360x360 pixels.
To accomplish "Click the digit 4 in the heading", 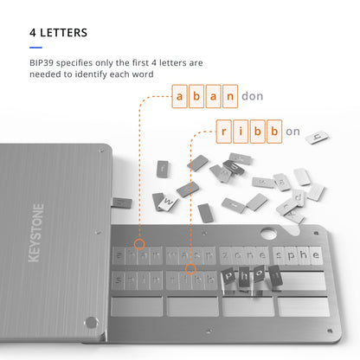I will (x=33, y=33).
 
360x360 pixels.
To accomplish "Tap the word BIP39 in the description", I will (x=44, y=62).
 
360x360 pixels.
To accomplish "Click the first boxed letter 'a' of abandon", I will (x=180, y=95).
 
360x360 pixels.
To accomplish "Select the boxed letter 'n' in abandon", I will (x=229, y=95).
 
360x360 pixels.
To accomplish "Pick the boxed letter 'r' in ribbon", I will (x=224, y=132).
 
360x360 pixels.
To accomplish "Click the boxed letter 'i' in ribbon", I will (x=241, y=132).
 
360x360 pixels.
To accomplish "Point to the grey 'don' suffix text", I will (x=253, y=95).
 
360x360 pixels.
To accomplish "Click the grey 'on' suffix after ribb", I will (x=293, y=132).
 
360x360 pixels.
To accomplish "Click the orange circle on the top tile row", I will (x=140, y=246).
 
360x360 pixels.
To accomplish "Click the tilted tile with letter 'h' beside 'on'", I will (x=318, y=136).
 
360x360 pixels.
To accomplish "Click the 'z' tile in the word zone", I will (x=228, y=255).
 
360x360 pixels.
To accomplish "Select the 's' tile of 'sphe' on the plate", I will (x=280, y=255).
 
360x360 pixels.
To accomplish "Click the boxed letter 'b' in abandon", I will (x=196, y=95).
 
